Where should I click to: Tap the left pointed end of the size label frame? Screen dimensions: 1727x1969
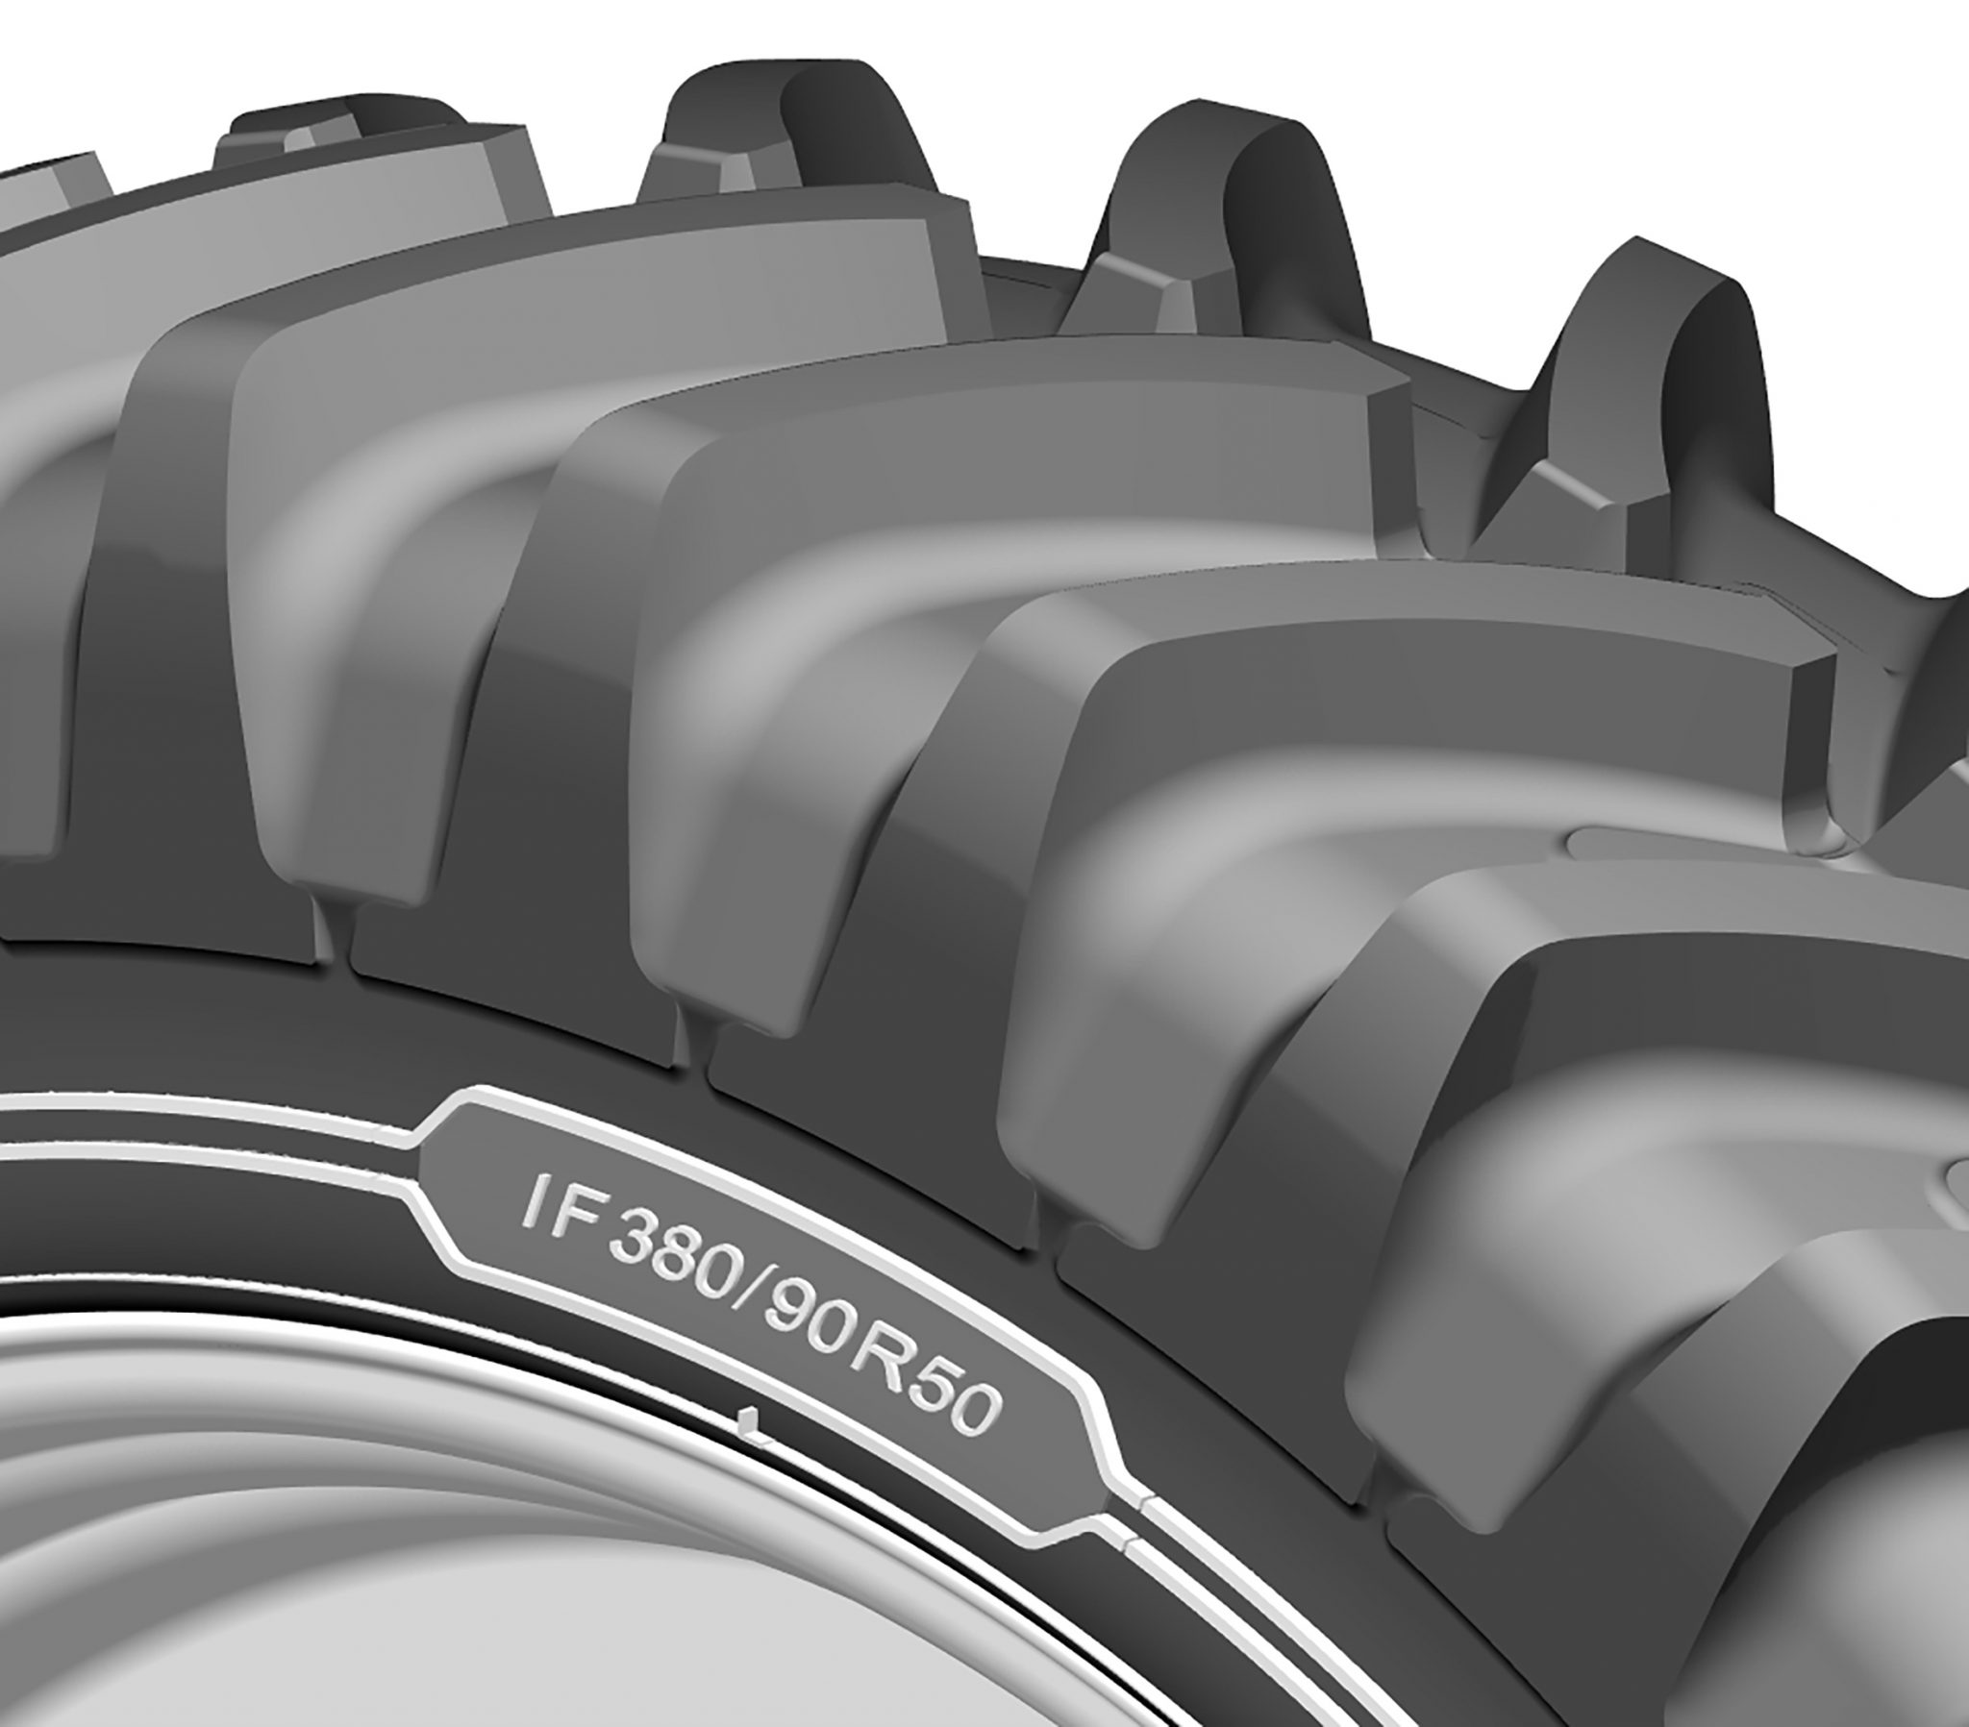click(x=424, y=1170)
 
